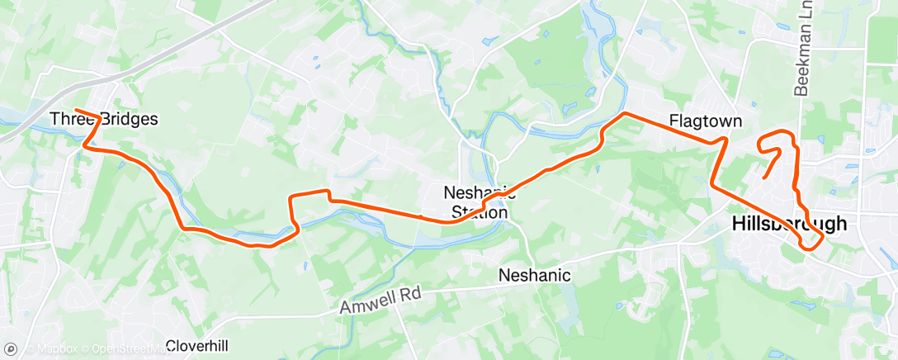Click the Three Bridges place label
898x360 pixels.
coord(104,119)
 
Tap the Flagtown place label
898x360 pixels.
coord(706,121)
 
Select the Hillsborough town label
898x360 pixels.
coord(789,223)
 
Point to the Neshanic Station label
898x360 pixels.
coord(475,201)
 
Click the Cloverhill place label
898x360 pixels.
coord(197,345)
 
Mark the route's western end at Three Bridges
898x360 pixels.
coord(75,111)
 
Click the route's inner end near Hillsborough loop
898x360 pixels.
coord(764,178)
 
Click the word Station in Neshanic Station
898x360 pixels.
coord(480,212)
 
